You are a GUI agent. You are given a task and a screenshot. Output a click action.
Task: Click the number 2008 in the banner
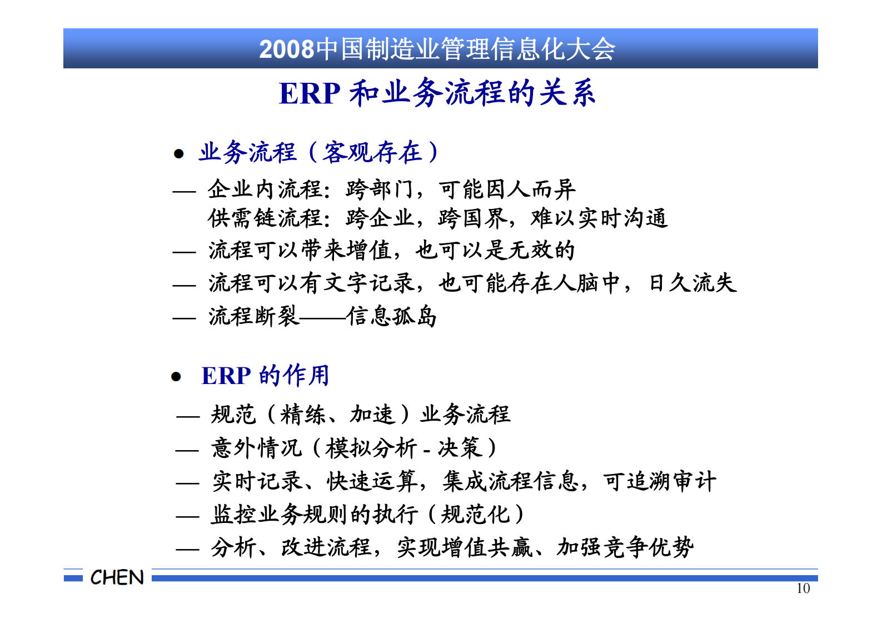tap(286, 49)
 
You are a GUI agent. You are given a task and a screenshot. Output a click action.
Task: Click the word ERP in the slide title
tap(309, 93)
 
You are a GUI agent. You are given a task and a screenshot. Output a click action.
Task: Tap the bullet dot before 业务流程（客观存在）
tap(178, 153)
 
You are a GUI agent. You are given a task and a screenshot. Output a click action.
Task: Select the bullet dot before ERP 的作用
tap(176, 377)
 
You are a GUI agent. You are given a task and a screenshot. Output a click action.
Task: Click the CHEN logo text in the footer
tap(117, 577)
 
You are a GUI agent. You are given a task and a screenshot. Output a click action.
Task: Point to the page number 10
tap(803, 589)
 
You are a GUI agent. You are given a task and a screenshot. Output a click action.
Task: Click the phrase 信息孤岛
tap(392, 317)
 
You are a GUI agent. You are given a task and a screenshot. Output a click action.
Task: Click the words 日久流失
tap(692, 283)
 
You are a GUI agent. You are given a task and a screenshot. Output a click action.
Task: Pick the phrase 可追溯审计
tap(660, 481)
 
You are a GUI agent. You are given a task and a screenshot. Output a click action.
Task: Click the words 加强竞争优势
tap(625, 547)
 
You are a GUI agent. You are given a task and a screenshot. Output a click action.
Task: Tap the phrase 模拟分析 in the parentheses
tap(371, 448)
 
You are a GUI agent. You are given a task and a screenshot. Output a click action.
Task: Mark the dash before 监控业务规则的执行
tap(187, 516)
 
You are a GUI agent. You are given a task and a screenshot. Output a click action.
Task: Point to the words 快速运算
tap(372, 481)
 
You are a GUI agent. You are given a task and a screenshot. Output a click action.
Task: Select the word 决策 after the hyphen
tap(460, 448)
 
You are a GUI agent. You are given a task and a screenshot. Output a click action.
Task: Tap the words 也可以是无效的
tap(495, 251)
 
